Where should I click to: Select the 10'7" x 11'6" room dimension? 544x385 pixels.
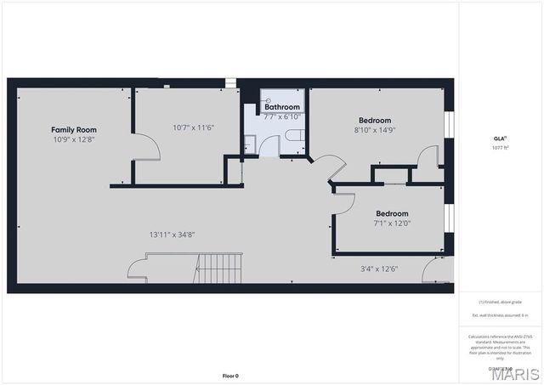193,127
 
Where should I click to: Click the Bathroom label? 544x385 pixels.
281,107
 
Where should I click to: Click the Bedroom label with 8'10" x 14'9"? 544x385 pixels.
374,121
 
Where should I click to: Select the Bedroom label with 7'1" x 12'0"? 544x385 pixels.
392,213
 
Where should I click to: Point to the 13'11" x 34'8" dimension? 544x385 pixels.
173,235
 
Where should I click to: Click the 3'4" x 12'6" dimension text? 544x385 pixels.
379,269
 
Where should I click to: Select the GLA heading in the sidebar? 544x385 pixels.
500,138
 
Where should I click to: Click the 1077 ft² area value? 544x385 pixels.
500,147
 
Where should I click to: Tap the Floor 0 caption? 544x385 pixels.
230,375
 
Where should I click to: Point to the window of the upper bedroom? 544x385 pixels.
450,124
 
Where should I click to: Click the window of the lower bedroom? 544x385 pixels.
450,217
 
